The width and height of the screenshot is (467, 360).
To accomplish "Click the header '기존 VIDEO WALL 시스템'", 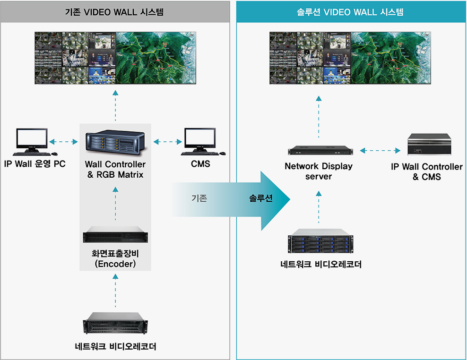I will [114, 12].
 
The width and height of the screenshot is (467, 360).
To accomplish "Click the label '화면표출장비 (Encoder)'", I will [115, 258].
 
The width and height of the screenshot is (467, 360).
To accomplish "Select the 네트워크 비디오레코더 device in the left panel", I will [115, 325].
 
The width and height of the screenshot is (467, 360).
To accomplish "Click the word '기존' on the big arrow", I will [199, 198].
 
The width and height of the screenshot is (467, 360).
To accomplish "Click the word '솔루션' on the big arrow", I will [261, 198].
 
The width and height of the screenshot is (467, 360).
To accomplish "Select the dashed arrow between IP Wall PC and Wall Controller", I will [64, 141].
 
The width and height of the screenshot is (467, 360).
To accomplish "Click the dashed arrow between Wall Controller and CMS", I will [168, 141].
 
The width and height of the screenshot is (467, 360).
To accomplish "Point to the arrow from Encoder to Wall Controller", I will [115, 203].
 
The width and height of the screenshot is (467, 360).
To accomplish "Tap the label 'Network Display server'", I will [319, 171].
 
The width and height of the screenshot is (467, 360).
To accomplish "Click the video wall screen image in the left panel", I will [115, 58].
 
